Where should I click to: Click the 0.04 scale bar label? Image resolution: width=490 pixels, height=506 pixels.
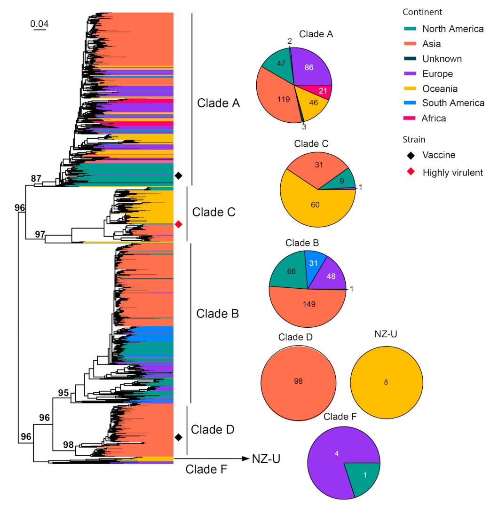click(40, 23)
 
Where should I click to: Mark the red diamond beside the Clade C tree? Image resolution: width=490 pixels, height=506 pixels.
click(179, 224)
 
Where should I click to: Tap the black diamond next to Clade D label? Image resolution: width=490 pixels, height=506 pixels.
click(179, 437)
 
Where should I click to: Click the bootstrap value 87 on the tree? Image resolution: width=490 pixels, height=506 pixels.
click(36, 179)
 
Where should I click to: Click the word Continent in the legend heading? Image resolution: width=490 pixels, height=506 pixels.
click(422, 12)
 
